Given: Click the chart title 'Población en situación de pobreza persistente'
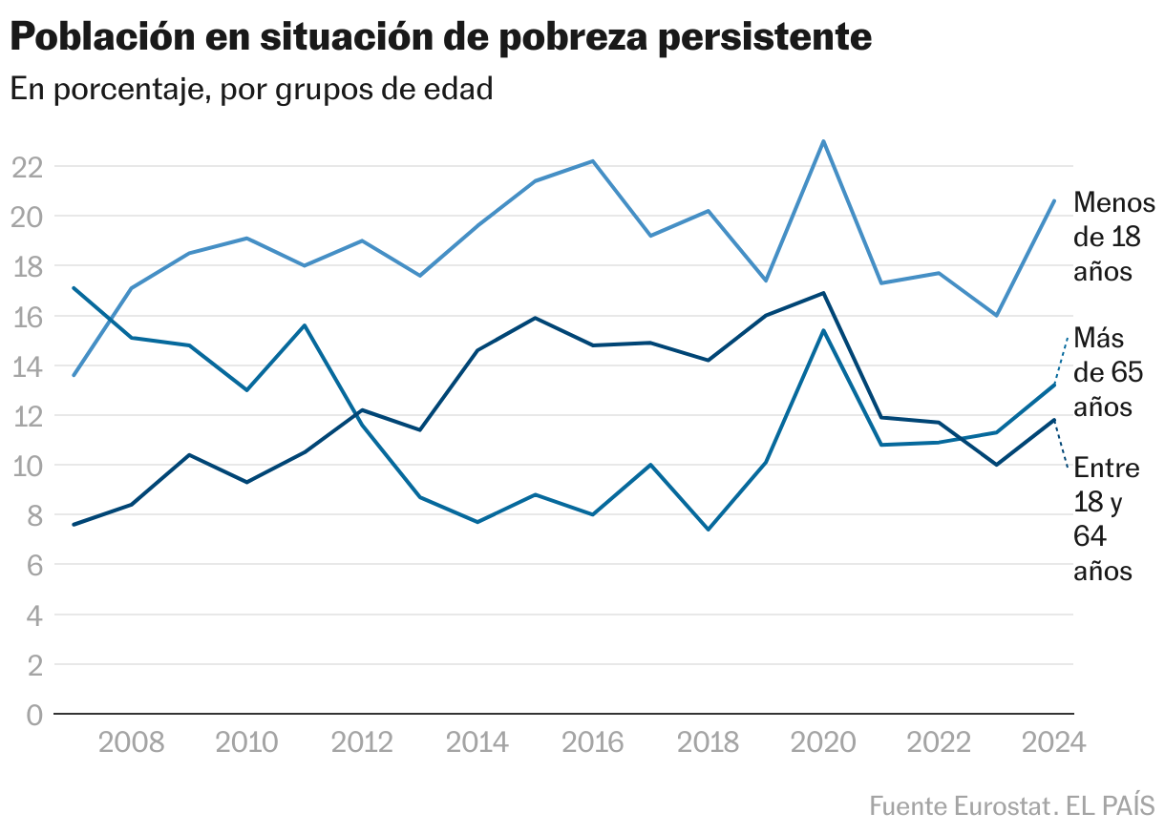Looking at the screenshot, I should pyautogui.click(x=440, y=38).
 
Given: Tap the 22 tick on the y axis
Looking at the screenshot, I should pyautogui.click(x=27, y=167).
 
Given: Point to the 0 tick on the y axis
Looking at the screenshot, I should pyautogui.click(x=34, y=715).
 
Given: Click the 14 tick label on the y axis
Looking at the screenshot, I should pyautogui.click(x=27, y=366).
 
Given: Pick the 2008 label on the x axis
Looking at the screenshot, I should pyautogui.click(x=131, y=742).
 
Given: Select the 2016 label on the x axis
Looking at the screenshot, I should pyautogui.click(x=593, y=742).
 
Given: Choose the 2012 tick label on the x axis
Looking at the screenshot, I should pyautogui.click(x=362, y=742).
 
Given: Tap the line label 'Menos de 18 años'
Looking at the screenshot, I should pyautogui.click(x=1113, y=237).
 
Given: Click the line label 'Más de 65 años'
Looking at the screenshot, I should pyautogui.click(x=1108, y=372).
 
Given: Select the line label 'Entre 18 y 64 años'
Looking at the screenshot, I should pyautogui.click(x=1106, y=519).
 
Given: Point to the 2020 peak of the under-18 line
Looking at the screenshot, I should pyautogui.click(x=823, y=141).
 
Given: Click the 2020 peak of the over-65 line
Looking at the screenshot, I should pyautogui.click(x=823, y=330).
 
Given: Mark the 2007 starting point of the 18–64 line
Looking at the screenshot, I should pyautogui.click(x=74, y=525).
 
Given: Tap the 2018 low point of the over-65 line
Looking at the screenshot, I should pyautogui.click(x=708, y=530).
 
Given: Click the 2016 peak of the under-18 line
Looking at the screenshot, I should pyautogui.click(x=593, y=161).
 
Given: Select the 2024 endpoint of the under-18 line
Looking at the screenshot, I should pyautogui.click(x=1054, y=200).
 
